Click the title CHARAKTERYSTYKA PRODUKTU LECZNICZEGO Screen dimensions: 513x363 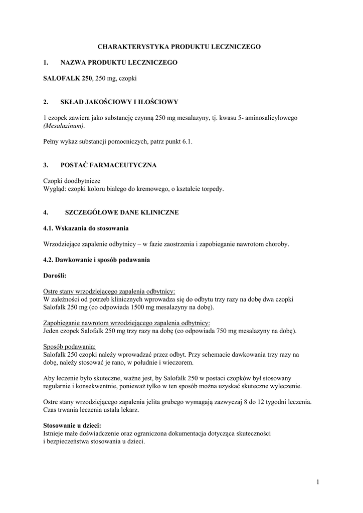[179, 47]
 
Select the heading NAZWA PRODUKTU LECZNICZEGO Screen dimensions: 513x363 [119, 63]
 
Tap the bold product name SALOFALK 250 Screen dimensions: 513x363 [68, 79]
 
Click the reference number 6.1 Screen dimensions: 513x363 [188, 142]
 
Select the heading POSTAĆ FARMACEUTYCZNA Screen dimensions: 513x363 [109, 164]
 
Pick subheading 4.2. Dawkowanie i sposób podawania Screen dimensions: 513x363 [97, 260]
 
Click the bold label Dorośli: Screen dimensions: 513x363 [55, 276]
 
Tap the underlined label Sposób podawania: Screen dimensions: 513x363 [70, 346]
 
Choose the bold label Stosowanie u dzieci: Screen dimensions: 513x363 [72, 425]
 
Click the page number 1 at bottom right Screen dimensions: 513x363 [317, 482]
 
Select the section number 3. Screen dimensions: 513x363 [46, 164]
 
